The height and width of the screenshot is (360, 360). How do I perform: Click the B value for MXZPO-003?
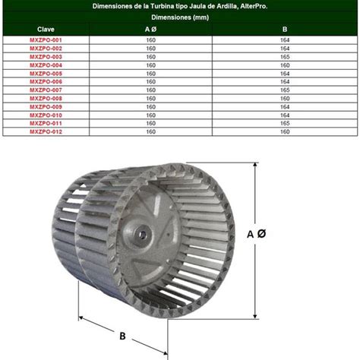tap(285, 56)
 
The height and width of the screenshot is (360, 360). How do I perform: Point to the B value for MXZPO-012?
tap(285, 131)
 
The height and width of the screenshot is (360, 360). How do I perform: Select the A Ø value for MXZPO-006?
tap(150, 81)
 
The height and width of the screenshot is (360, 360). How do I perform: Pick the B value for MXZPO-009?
tap(285, 106)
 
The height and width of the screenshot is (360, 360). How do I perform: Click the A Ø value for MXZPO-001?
tap(150, 39)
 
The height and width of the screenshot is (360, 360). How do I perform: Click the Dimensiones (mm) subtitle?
tap(180, 16)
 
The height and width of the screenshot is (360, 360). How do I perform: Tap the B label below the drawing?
tap(122, 335)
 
